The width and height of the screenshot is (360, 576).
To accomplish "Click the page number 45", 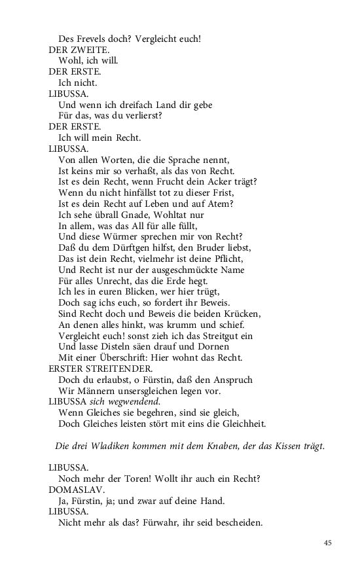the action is tap(328, 543).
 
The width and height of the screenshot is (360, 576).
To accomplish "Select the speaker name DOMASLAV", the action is tap(76, 490).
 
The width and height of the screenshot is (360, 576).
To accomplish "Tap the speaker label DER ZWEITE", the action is tap(79, 50).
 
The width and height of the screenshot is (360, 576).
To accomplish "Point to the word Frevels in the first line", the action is tap(92, 39).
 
